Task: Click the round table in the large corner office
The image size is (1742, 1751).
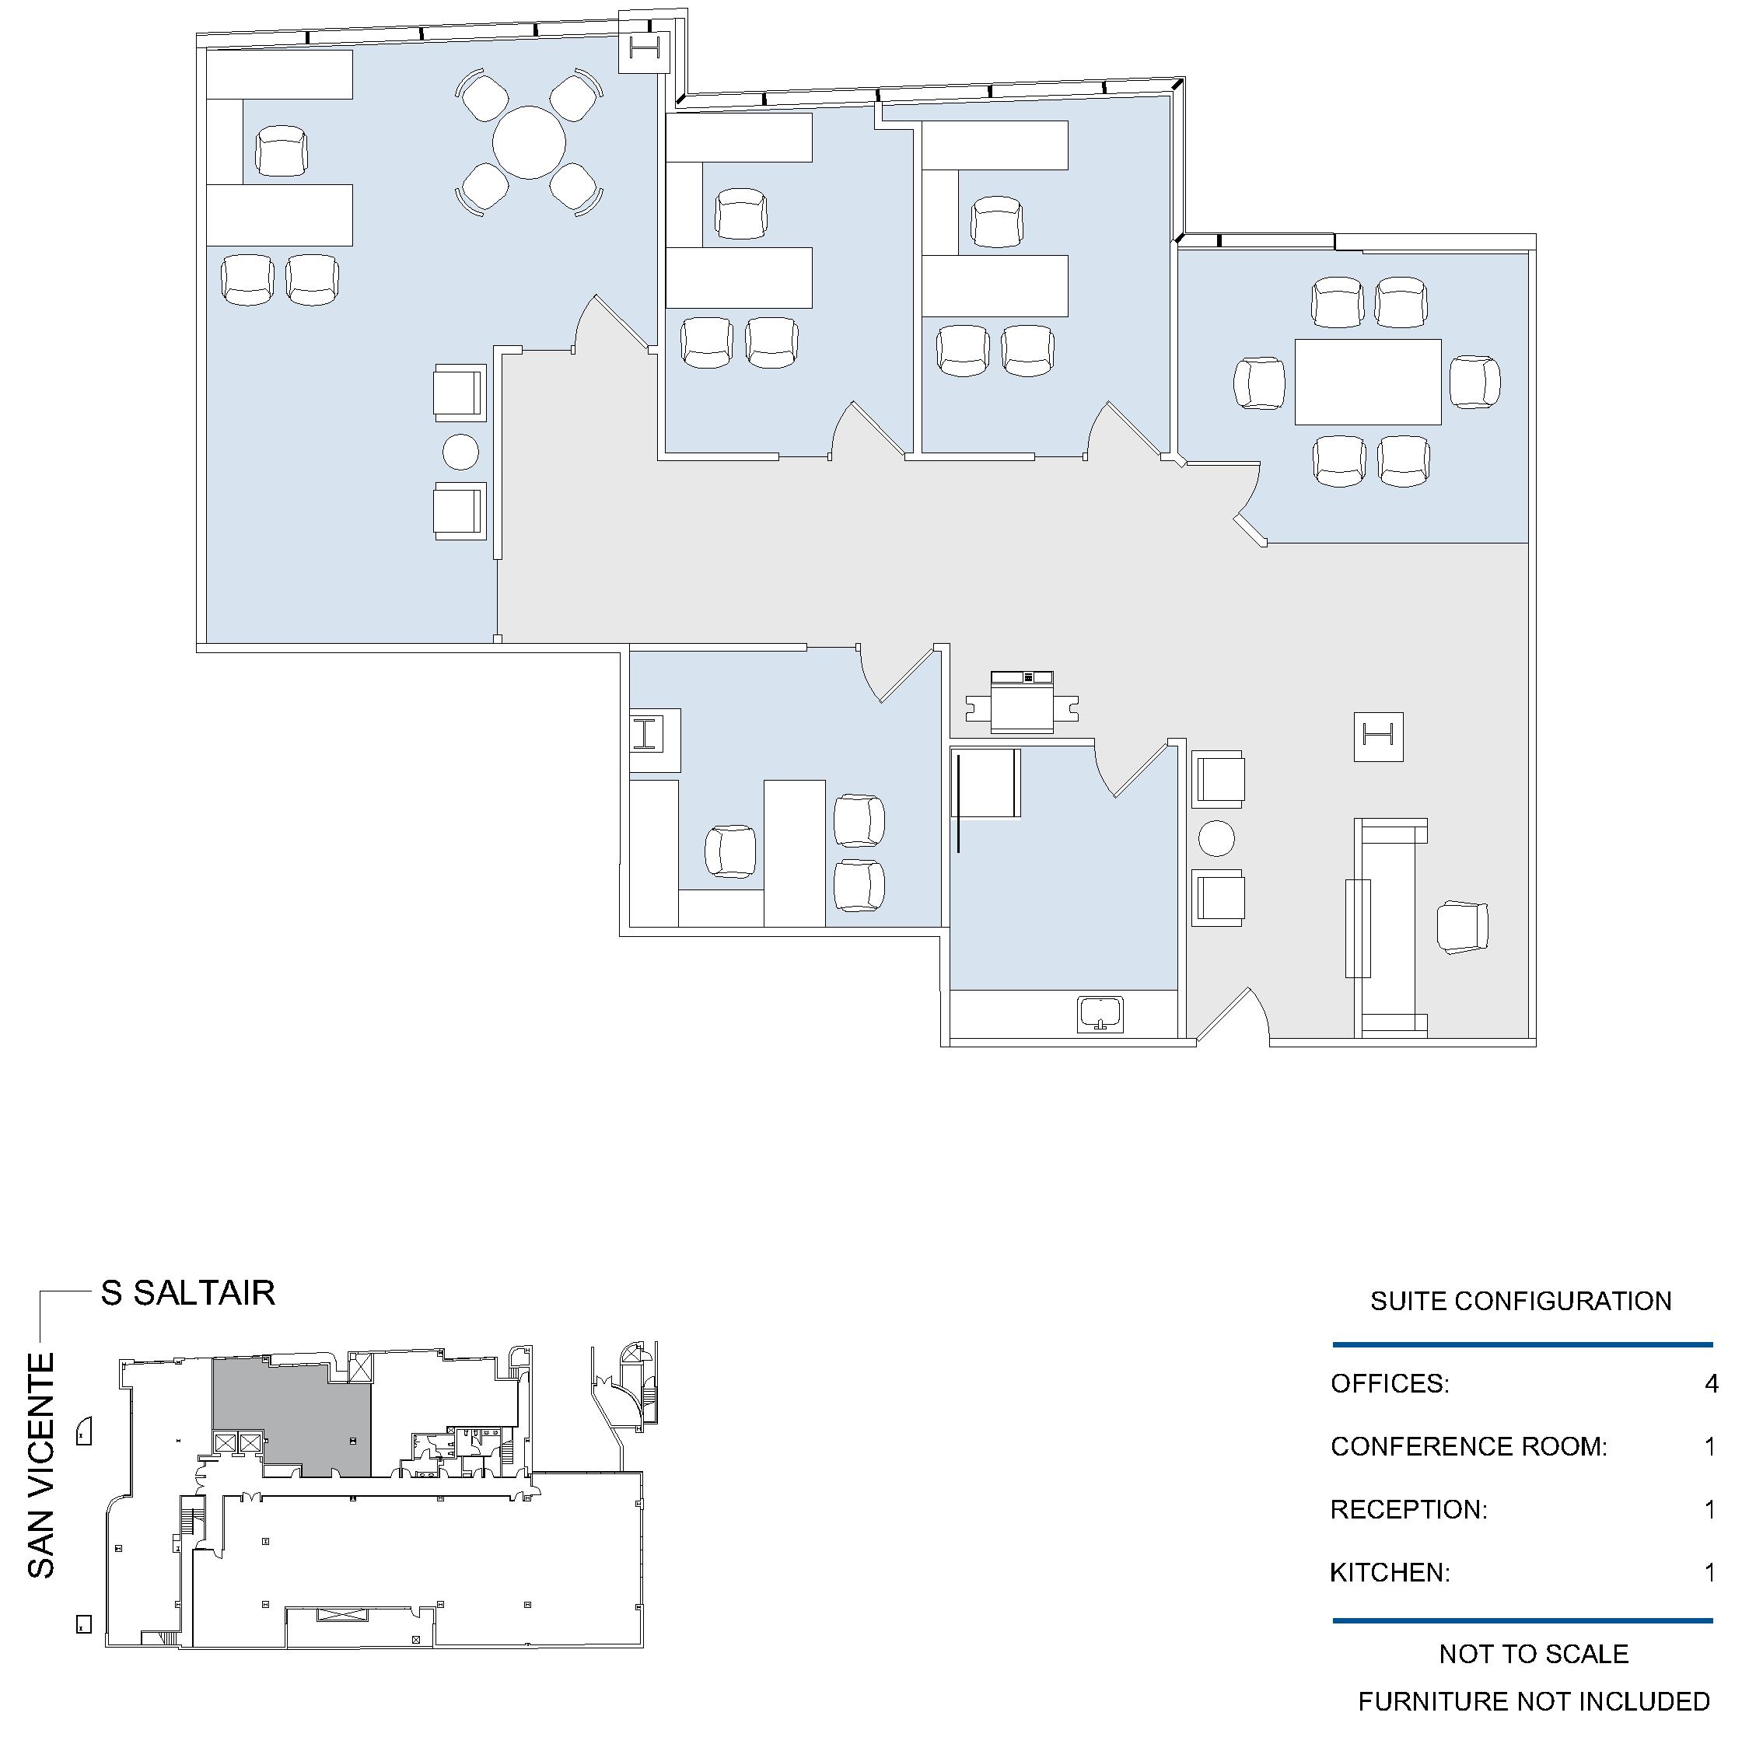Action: [530, 142]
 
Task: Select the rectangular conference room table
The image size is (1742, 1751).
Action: [1368, 382]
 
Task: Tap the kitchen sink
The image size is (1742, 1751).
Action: [1100, 1014]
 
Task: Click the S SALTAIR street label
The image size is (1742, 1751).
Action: [187, 1293]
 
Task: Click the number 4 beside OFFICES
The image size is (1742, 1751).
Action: [1710, 1384]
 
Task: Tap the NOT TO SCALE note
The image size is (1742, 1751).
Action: [1534, 1654]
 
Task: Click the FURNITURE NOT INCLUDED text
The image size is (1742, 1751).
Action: [1534, 1702]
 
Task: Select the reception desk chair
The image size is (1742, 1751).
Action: [1463, 927]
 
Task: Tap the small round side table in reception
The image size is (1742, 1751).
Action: [1216, 839]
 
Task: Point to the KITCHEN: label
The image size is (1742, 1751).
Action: [1390, 1572]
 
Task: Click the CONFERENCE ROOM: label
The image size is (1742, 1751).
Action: [1468, 1446]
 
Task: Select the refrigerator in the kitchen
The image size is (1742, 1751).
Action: [985, 783]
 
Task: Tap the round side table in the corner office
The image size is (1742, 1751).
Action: [460, 453]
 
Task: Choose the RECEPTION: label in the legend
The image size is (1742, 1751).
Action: [1408, 1510]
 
